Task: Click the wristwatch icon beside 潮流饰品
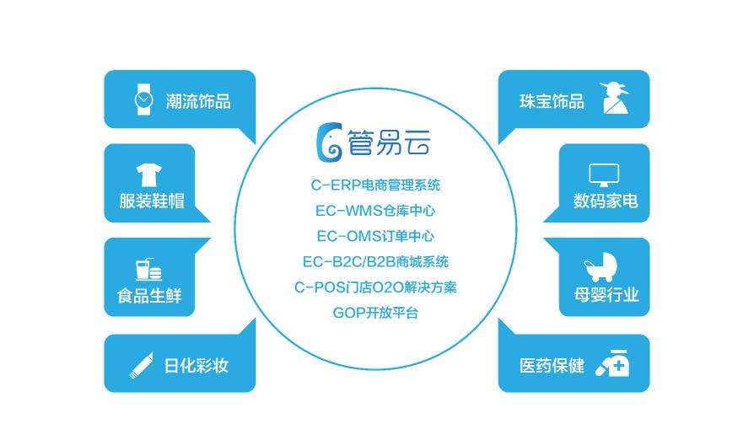pos(143,99)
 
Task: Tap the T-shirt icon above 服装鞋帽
pos(148,174)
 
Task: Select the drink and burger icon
pos(148,269)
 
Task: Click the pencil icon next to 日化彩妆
pos(142,365)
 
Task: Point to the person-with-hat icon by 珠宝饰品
pos(615,98)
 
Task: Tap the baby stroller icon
pos(601,267)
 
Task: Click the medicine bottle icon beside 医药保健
pos(612,363)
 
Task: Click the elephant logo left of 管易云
pos(330,142)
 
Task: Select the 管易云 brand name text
pos(388,142)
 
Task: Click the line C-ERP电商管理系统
pos(375,185)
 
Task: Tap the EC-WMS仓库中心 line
pos(375,211)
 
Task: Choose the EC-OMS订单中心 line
pos(375,236)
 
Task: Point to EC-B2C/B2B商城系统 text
pos(375,261)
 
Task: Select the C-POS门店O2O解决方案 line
pos(375,287)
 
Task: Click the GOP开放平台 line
pos(375,313)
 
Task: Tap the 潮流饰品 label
pos(198,101)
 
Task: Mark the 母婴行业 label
pos(606,295)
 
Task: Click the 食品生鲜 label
pos(149,296)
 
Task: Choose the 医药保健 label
pos(552,366)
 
